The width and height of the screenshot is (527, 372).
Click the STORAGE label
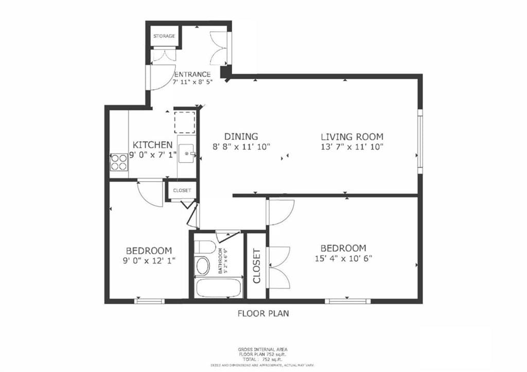coord(164,37)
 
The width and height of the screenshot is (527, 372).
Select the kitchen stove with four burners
coord(118,162)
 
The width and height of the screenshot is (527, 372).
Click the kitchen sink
coord(187,154)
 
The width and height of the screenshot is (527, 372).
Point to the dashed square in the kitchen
coord(185,122)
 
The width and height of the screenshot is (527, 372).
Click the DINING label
coord(241,137)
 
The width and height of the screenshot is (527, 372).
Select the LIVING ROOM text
coord(352,137)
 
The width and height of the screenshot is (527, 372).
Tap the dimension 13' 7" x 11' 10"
coord(352,147)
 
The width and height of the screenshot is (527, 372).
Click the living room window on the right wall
coord(420,140)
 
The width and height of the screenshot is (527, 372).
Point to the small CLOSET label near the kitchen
coord(182,190)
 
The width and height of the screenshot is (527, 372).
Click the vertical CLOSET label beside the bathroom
coord(256,266)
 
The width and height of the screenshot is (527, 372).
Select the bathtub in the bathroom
coord(218,288)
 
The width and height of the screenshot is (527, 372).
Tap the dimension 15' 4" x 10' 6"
coord(343,258)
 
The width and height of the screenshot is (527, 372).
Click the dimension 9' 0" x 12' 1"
coord(149,261)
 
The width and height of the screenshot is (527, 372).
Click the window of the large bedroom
coord(348,301)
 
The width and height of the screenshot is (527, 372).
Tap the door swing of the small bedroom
coord(151,193)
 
